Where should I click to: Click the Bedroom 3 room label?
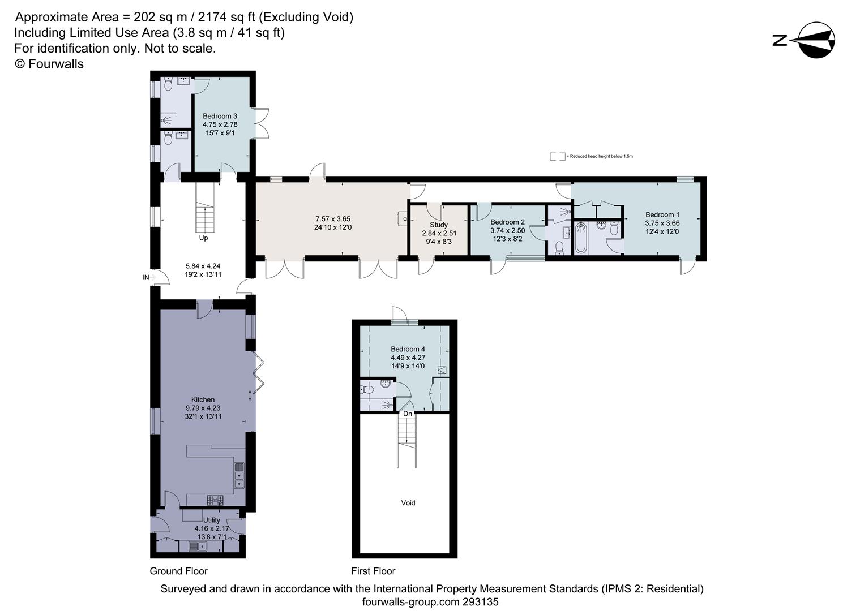(x=220, y=116)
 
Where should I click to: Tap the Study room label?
(x=439, y=225)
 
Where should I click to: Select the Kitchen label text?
(x=203, y=399)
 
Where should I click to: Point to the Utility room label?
(x=212, y=520)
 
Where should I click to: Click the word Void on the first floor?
(x=408, y=503)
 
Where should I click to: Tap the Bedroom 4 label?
(x=408, y=349)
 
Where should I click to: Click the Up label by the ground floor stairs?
(x=203, y=238)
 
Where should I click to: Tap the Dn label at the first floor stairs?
(x=408, y=414)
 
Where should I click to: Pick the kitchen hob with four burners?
(x=215, y=501)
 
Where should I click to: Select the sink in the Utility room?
(x=198, y=547)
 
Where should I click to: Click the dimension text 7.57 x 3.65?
(x=333, y=219)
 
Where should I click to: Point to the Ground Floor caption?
(x=179, y=571)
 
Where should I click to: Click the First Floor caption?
(x=373, y=571)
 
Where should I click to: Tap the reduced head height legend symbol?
(x=557, y=156)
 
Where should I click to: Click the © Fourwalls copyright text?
(x=49, y=64)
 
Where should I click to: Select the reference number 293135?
(x=480, y=602)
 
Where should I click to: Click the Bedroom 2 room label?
(x=507, y=222)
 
